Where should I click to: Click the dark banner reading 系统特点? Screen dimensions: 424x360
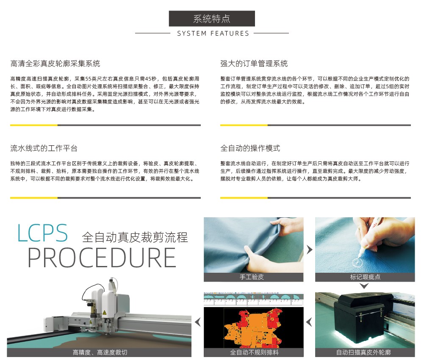coord(212,19)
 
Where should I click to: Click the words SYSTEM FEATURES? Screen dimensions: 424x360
coord(213,33)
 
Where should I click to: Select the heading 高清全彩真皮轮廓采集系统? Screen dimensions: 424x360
coord(55,64)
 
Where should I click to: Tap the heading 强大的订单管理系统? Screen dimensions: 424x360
coord(254,64)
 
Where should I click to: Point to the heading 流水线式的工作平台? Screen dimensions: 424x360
coord(44,148)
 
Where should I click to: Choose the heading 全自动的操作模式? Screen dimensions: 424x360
coord(250,148)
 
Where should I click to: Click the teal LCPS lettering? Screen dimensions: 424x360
coord(42,233)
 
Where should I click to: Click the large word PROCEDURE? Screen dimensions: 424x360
coord(102,258)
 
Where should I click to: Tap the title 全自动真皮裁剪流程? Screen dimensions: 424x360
coord(135,237)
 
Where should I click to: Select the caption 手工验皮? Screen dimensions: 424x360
coord(252,277)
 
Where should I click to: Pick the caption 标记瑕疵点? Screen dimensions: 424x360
coord(365,277)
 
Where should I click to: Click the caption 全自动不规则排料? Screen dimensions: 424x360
coord(254,352)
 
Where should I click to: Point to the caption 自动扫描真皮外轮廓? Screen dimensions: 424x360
coord(363,352)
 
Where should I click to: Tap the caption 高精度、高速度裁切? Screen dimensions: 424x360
coord(100,352)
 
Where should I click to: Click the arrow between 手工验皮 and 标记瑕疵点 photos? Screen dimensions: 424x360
coord(309,249)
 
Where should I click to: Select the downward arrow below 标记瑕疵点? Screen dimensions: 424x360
coord(364,286)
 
